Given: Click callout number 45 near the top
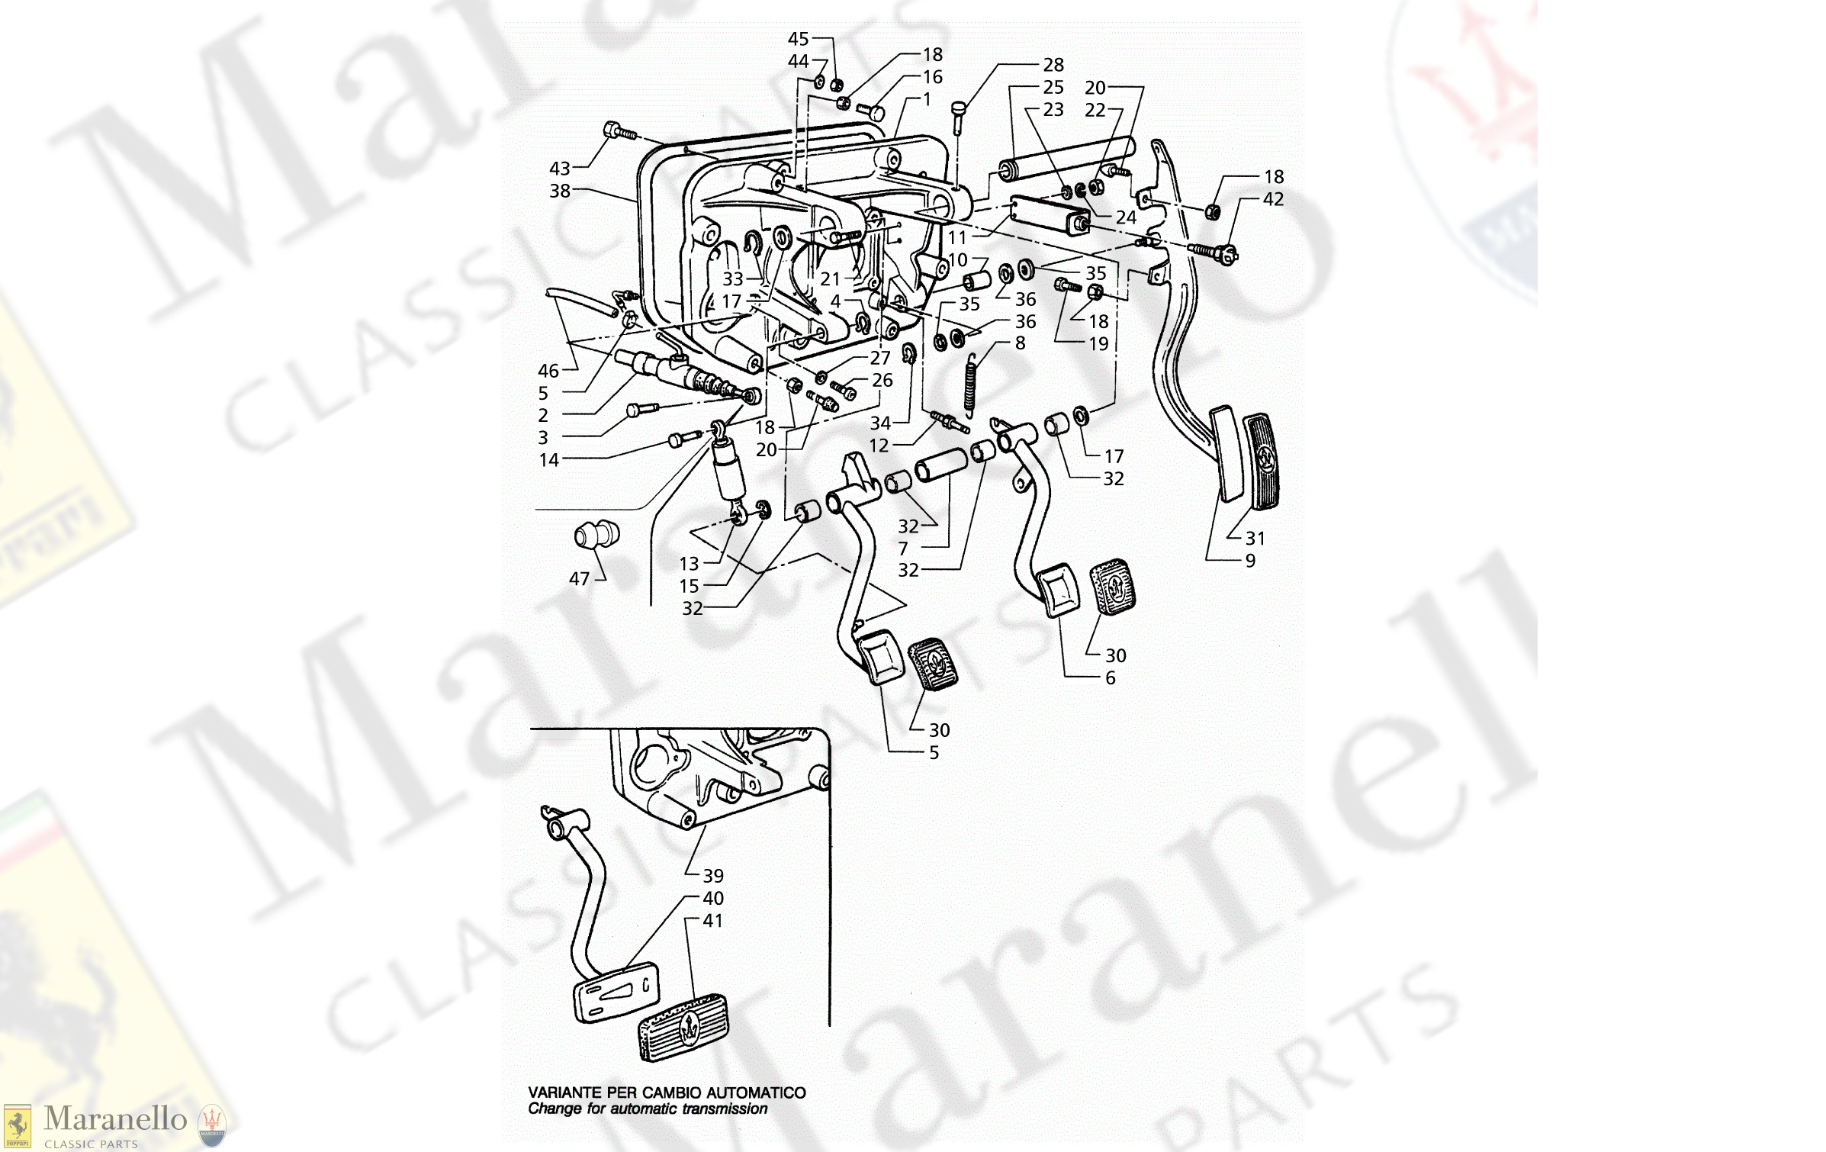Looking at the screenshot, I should [798, 39].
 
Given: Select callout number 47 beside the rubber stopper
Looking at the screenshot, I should [579, 579].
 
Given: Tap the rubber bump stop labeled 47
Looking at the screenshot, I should [596, 534].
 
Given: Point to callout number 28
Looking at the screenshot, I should [1053, 65].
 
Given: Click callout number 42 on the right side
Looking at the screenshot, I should [1273, 199].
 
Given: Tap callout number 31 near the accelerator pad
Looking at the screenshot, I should [1255, 539].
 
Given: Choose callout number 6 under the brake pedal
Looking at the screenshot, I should [1110, 678].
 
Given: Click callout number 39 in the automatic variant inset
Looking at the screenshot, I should [713, 876].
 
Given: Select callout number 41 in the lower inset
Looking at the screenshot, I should [713, 921].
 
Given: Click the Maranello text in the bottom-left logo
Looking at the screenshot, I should [115, 1119].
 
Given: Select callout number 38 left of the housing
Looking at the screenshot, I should [560, 191].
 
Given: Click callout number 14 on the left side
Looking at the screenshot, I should [548, 460].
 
